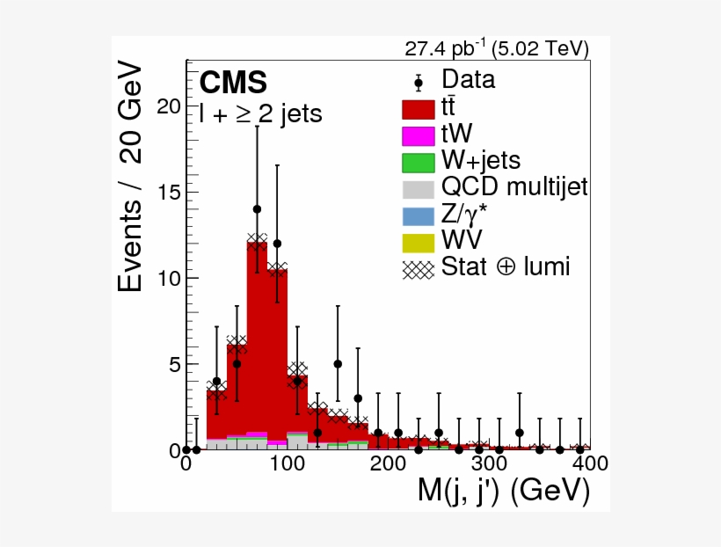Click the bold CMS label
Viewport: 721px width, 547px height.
coord(233,83)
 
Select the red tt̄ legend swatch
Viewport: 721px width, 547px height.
coord(419,109)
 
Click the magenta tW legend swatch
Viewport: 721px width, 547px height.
coord(419,135)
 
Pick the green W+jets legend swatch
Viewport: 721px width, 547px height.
coord(419,162)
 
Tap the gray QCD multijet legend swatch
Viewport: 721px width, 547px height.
coord(419,188)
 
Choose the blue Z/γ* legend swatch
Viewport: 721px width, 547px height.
coord(419,215)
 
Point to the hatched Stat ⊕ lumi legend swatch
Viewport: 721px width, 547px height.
coord(419,267)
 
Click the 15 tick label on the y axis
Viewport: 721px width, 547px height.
coord(168,192)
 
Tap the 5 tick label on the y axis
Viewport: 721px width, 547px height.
coord(173,364)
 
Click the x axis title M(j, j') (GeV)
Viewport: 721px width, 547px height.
coord(502,492)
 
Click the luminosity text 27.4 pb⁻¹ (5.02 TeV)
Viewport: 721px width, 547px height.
coord(496,48)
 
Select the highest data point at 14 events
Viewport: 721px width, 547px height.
coord(257,209)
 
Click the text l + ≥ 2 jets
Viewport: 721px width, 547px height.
coord(261,113)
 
